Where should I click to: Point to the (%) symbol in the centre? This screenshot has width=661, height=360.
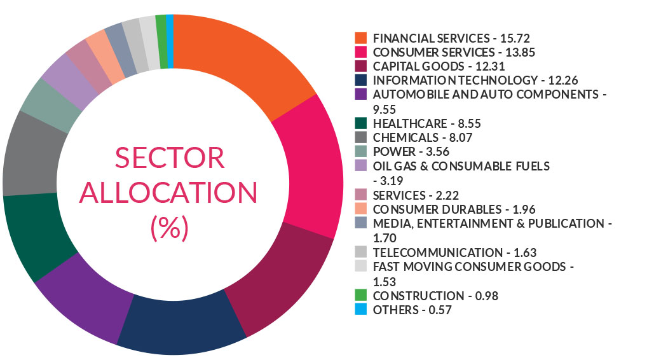tap(170, 228)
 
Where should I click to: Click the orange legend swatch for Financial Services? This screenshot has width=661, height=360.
tap(361, 38)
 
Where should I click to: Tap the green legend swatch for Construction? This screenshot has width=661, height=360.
tap(361, 296)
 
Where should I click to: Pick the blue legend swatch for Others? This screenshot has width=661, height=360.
tap(361, 310)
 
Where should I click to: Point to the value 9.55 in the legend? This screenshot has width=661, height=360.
tap(386, 109)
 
